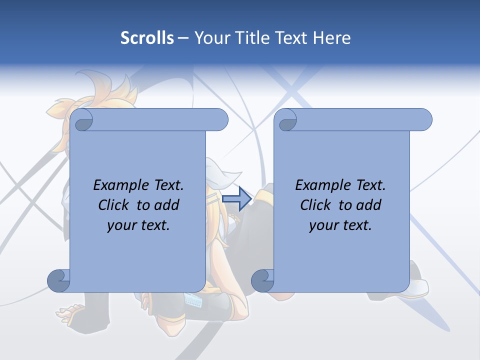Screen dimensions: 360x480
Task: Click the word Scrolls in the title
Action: click(x=147, y=38)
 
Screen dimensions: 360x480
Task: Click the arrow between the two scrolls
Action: click(x=236, y=198)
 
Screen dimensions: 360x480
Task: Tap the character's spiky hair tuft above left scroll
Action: click(x=120, y=90)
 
